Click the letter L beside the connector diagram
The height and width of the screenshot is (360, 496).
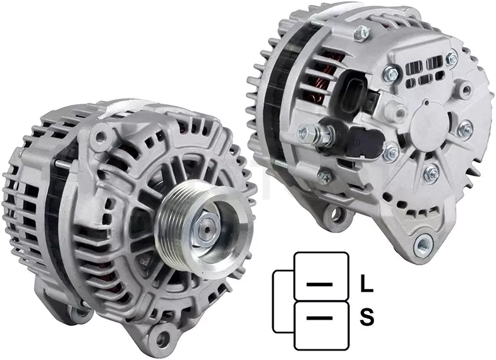(x=366, y=283)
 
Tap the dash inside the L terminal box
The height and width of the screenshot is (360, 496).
(x=320, y=284)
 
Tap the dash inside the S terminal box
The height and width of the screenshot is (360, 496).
(x=320, y=318)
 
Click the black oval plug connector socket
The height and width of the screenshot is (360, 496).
(x=352, y=92)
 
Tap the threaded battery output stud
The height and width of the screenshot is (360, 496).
(x=317, y=135)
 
